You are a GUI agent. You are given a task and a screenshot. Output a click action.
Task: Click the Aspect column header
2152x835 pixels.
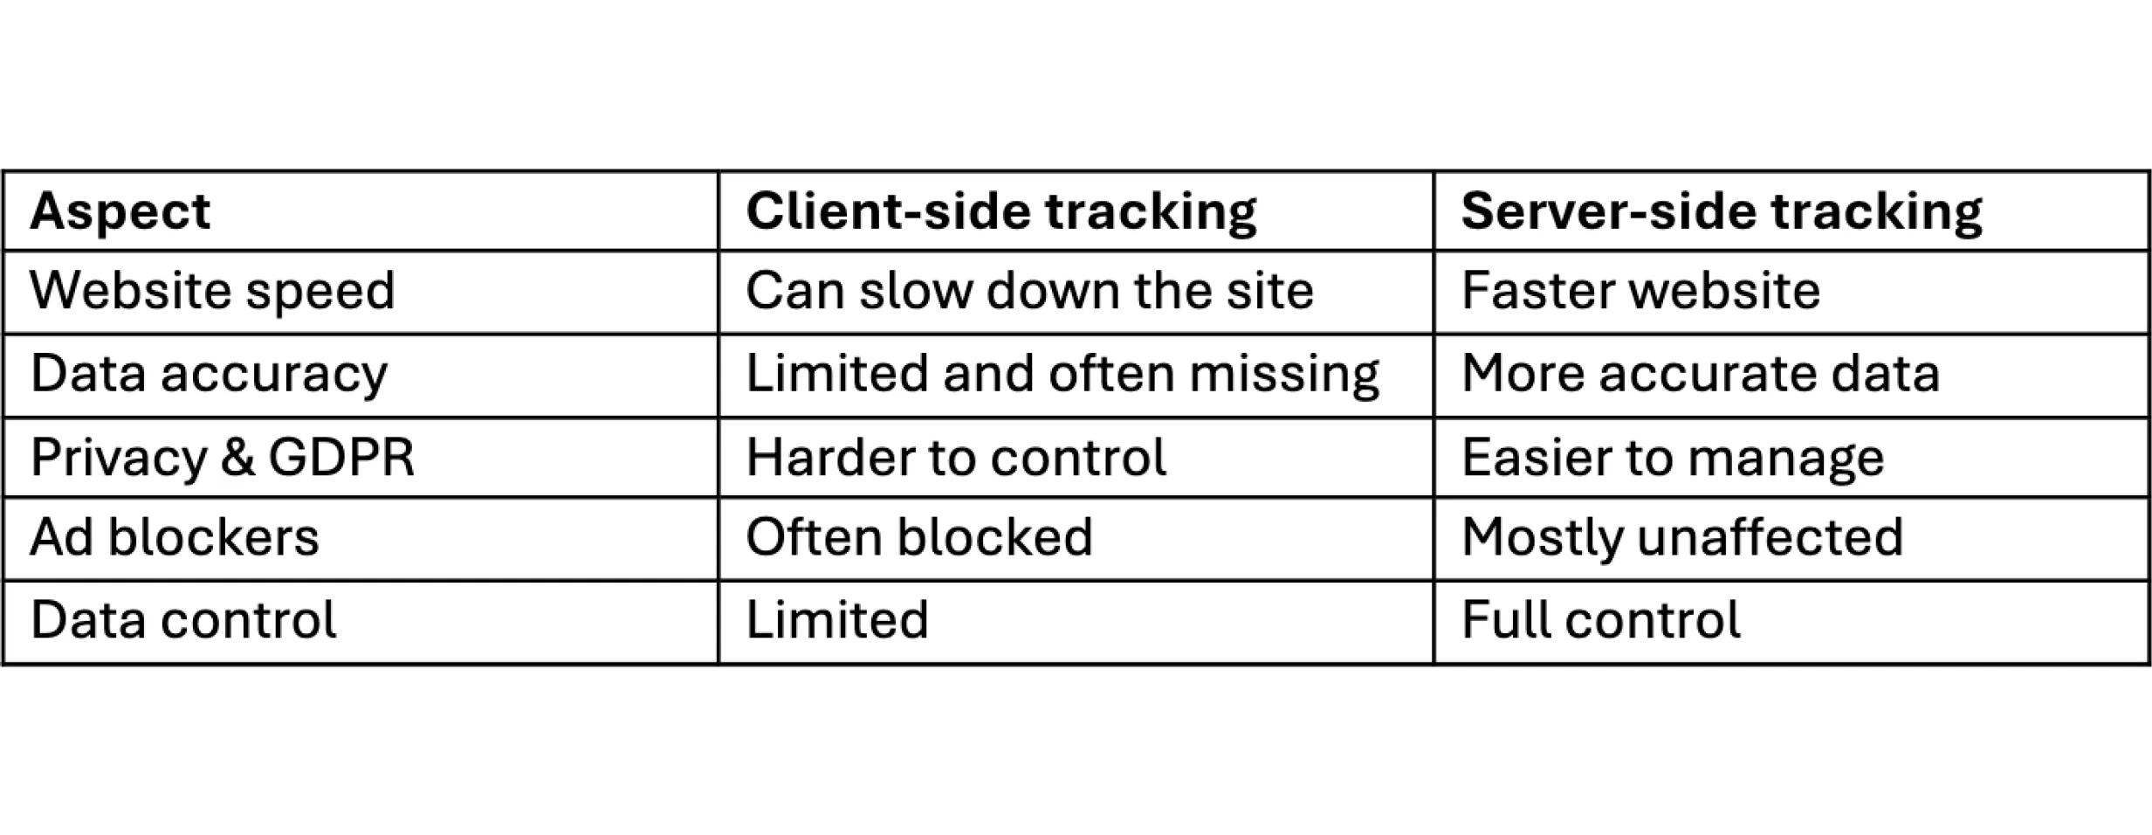(x=120, y=211)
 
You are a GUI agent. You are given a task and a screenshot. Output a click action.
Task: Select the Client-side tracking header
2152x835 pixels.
(x=1000, y=211)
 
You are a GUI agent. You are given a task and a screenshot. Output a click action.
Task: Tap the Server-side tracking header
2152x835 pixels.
(x=1721, y=211)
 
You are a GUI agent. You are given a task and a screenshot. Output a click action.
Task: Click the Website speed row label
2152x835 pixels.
(x=212, y=291)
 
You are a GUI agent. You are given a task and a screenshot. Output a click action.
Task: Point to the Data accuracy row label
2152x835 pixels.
(x=209, y=374)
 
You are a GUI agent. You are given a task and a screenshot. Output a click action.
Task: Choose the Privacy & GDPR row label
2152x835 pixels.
(x=222, y=457)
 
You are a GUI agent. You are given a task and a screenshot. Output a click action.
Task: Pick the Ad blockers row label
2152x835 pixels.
(x=175, y=537)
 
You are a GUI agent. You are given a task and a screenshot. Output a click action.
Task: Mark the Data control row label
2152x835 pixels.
(x=183, y=620)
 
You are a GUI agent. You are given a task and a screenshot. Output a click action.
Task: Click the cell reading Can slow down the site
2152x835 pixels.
(x=1029, y=291)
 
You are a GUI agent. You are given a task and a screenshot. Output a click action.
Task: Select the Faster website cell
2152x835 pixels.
(x=1640, y=291)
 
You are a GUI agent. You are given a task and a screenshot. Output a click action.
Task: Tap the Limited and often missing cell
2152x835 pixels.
(x=1062, y=374)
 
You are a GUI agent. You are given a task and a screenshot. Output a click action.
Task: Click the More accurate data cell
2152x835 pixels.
(x=1700, y=374)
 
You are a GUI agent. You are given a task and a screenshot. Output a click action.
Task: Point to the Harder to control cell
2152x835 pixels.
(x=956, y=457)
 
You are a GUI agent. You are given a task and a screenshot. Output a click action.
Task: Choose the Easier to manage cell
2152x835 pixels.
(x=1673, y=457)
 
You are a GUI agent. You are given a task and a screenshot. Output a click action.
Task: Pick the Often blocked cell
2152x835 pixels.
(x=918, y=537)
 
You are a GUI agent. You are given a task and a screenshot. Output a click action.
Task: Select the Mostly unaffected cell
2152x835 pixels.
(x=1681, y=537)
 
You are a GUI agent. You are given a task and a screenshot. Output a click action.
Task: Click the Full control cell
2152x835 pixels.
(x=1600, y=620)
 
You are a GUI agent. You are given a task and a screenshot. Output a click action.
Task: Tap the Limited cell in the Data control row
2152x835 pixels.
(x=836, y=620)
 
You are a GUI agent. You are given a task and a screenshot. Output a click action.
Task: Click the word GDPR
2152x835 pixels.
(x=340, y=457)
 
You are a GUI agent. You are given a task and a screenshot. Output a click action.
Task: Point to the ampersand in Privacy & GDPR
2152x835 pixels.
(x=237, y=457)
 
